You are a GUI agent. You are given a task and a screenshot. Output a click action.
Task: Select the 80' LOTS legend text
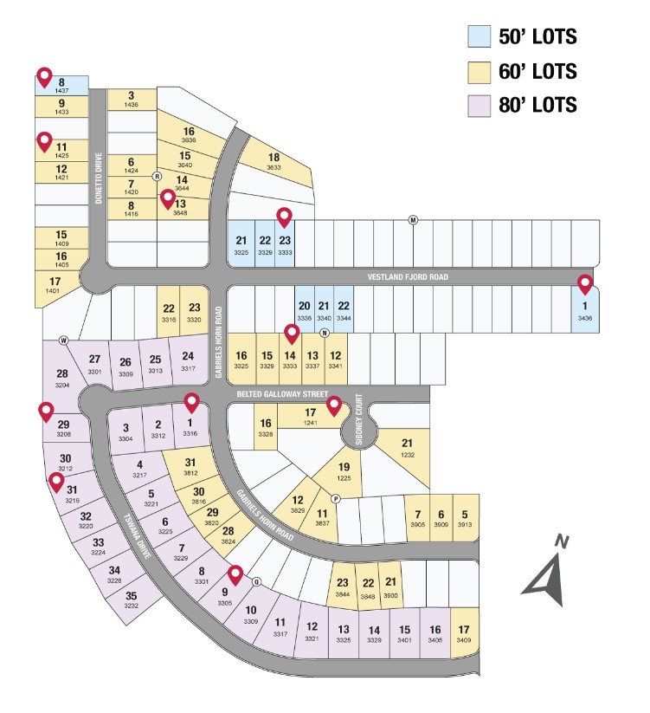(x=537, y=106)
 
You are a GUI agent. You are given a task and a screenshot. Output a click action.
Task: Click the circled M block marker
(x=413, y=220)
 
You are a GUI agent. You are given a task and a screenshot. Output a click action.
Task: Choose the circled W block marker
(x=63, y=340)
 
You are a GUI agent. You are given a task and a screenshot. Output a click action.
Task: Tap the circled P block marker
(x=335, y=499)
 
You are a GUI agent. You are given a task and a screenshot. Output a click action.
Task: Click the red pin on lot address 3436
(x=585, y=284)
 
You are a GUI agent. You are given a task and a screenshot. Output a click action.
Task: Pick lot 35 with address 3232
(x=132, y=600)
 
